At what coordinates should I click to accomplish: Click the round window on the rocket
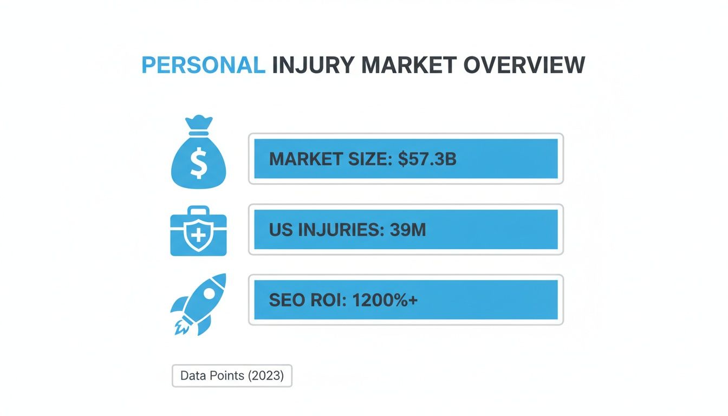click(x=209, y=293)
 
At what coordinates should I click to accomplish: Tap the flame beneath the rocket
click(x=180, y=326)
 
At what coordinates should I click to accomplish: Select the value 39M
click(x=407, y=230)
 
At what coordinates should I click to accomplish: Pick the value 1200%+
click(x=385, y=300)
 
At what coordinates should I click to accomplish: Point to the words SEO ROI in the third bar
click(x=308, y=300)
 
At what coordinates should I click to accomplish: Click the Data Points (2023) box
click(x=232, y=375)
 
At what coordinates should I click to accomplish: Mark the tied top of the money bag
click(x=198, y=123)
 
